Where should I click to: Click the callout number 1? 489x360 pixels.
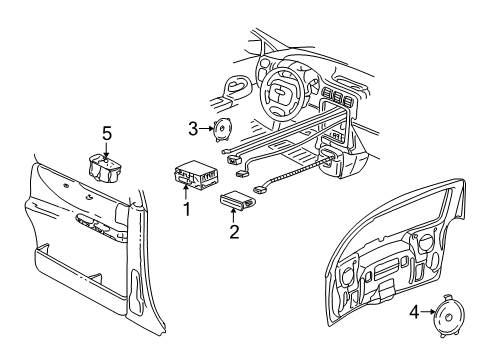click(x=185, y=209)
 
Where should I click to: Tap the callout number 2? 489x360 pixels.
click(x=235, y=233)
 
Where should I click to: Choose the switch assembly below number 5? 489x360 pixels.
click(x=107, y=164)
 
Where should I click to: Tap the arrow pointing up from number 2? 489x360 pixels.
click(x=235, y=217)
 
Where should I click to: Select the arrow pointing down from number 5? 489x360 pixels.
click(x=107, y=144)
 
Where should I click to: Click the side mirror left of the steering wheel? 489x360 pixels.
click(x=236, y=86)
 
